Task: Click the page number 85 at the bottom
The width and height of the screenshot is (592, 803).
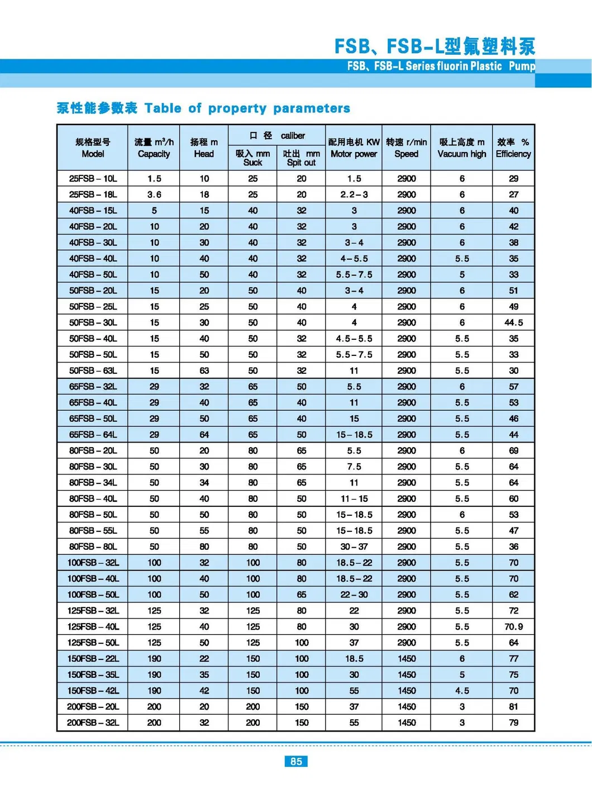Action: point(296,761)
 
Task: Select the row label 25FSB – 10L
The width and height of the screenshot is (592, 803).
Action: point(93,179)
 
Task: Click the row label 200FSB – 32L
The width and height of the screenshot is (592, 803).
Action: point(93,723)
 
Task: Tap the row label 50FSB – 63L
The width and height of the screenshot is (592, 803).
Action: point(93,370)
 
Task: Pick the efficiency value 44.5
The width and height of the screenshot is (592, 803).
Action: point(513,322)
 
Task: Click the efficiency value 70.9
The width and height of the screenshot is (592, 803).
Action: point(513,626)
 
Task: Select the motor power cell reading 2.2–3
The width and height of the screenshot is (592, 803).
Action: point(354,194)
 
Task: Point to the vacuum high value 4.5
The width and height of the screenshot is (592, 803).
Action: point(462,691)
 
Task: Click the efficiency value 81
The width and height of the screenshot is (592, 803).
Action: point(513,706)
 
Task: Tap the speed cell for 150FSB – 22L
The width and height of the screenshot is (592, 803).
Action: point(407,659)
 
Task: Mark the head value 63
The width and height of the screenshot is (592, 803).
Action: point(204,370)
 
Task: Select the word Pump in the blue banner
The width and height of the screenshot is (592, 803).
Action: point(522,66)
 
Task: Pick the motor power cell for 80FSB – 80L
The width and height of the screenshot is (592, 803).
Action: point(354,547)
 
